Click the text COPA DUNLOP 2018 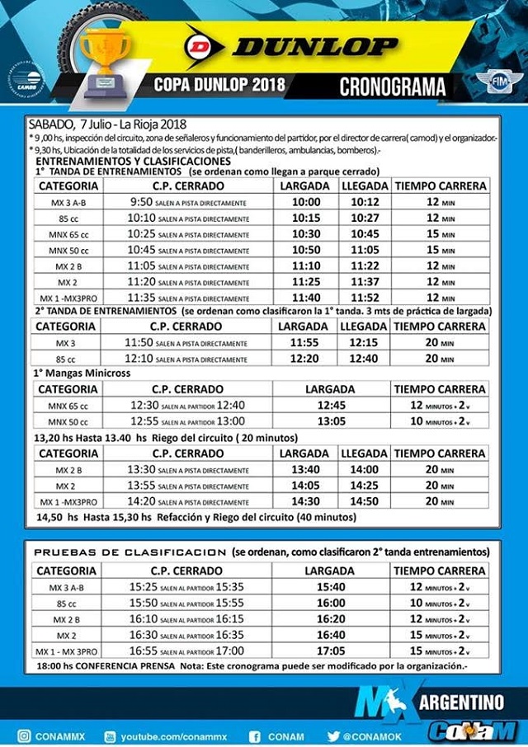coord(219,85)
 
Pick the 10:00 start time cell coord(305,202)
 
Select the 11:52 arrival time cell coord(365,297)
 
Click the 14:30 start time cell coord(305,500)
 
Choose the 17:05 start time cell coord(329,651)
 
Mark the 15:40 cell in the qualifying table coord(329,587)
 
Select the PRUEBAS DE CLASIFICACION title coord(130,552)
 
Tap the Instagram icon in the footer coord(25,736)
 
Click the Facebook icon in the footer coord(255,736)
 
